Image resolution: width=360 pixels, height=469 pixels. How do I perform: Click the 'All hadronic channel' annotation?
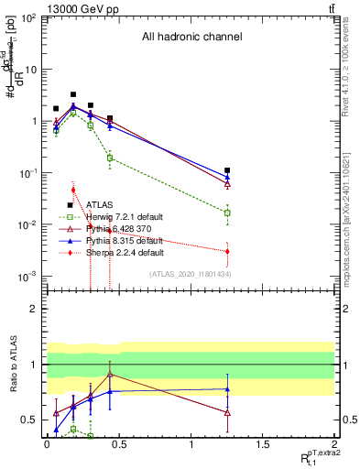click(x=191, y=38)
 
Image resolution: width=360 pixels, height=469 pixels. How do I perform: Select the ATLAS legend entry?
click(x=99, y=205)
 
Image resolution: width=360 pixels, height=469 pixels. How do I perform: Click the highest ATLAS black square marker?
click(x=73, y=94)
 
